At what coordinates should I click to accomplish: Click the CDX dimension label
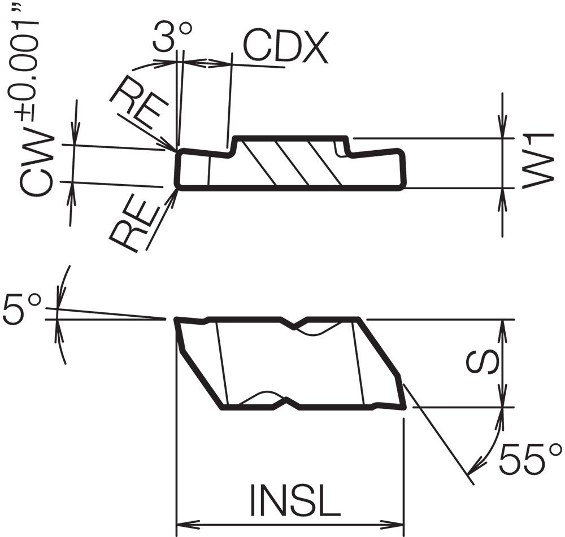point(286,47)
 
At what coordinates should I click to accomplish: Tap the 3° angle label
point(172,36)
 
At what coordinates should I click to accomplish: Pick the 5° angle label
point(23,309)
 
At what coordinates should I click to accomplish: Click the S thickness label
point(482,363)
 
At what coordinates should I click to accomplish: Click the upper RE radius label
point(140,107)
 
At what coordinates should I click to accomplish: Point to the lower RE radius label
point(134,226)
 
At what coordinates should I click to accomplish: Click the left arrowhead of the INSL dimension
point(188,524)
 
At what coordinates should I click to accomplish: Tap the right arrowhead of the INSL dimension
point(393,524)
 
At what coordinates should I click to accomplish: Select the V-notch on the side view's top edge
point(294,324)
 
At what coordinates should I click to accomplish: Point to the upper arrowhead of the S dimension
point(503,330)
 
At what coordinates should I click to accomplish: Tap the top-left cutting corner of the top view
point(178,151)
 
